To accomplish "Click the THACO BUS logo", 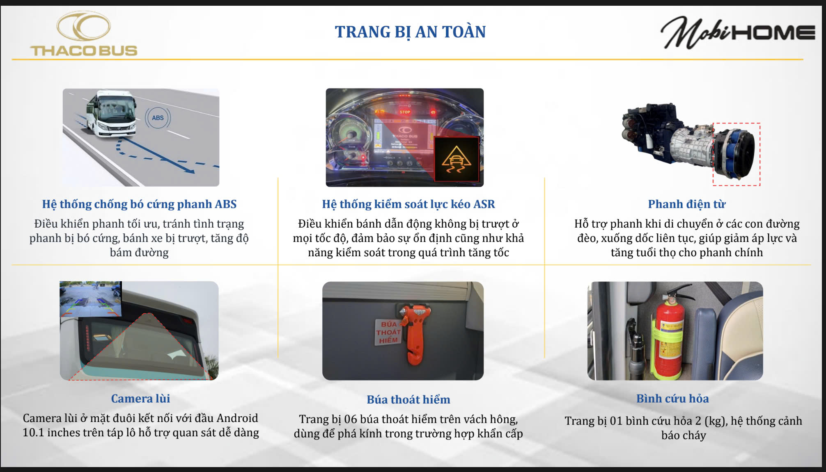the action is tap(84, 34).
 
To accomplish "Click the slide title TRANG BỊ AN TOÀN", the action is tap(410, 32).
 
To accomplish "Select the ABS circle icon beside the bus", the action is tap(158, 118).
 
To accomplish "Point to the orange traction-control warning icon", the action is tap(456, 159).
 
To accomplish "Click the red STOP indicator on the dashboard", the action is tap(405, 112).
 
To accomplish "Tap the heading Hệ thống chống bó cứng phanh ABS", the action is tap(139, 204).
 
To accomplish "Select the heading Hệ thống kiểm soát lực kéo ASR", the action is tap(408, 204).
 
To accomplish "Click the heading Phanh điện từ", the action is tap(687, 204).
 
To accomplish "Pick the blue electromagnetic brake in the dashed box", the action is tap(736, 153).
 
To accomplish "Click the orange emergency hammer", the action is tap(415, 331).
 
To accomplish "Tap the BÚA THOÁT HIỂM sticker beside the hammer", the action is tap(388, 332).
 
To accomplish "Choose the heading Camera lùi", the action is tap(140, 399).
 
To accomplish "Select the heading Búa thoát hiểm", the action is tap(408, 399).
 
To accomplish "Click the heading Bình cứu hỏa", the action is tap(672, 399).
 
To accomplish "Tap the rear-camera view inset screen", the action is tap(91, 299).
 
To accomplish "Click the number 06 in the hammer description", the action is tap(351, 419).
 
